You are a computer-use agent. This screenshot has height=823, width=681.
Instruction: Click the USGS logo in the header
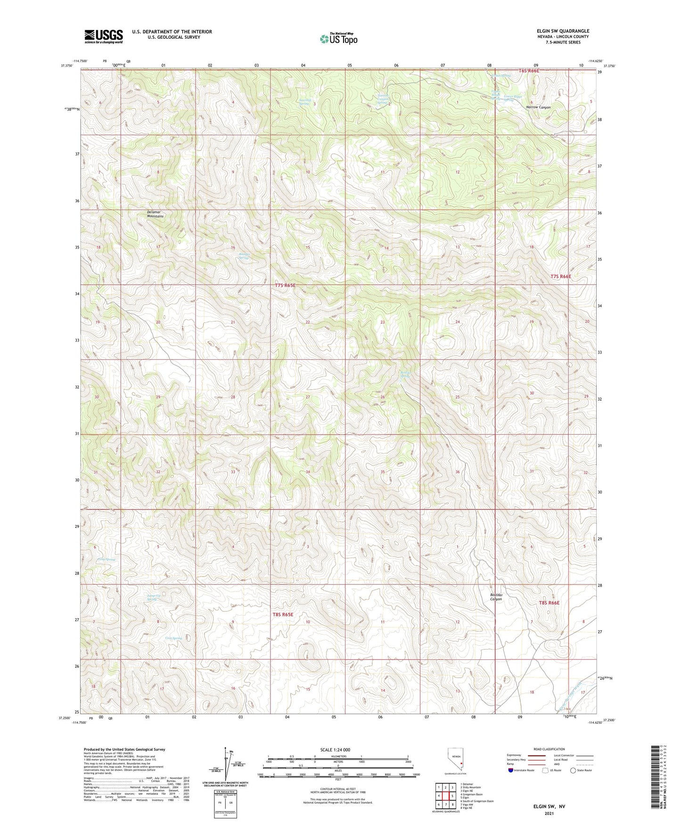pyautogui.click(x=104, y=36)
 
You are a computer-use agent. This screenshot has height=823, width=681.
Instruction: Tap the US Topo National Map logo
pyautogui.click(x=338, y=39)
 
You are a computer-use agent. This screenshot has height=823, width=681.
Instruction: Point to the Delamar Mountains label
pyautogui.click(x=155, y=214)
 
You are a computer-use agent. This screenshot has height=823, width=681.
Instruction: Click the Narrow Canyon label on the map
pyautogui.click(x=538, y=107)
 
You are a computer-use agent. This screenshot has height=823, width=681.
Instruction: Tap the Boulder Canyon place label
pyautogui.click(x=496, y=597)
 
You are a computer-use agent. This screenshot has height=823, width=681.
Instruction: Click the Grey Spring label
pyautogui.click(x=173, y=638)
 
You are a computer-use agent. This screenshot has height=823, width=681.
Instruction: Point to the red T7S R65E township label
pyautogui.click(x=287, y=285)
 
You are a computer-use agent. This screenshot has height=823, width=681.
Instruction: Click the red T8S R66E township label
pyautogui.click(x=549, y=602)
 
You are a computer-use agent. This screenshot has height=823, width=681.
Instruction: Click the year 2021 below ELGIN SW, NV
pyautogui.click(x=549, y=813)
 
